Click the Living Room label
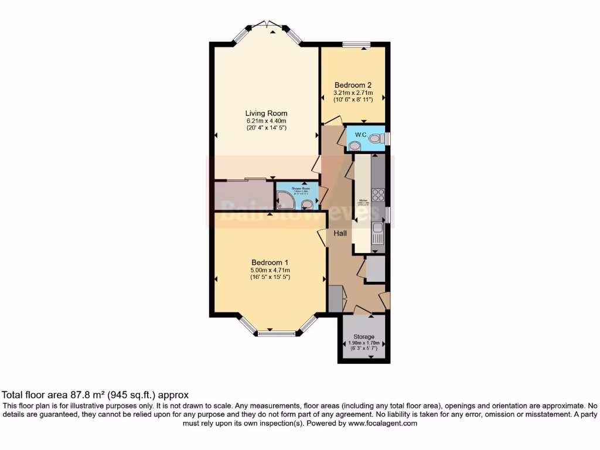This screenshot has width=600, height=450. pyautogui.click(x=266, y=113)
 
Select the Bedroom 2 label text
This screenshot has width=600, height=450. pyautogui.click(x=353, y=84)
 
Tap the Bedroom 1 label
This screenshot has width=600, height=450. pyautogui.click(x=270, y=262)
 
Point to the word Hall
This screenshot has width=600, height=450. pyautogui.click(x=340, y=233)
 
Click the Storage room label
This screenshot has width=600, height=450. pyautogui.click(x=364, y=337)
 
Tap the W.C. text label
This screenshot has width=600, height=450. pyautogui.click(x=360, y=135)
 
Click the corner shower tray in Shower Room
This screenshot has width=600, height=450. pyautogui.click(x=286, y=200)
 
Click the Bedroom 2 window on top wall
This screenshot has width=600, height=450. pyautogui.click(x=356, y=43)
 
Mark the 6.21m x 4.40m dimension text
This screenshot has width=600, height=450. pyautogui.click(x=266, y=121)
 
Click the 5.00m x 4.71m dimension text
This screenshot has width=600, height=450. pyautogui.click(x=270, y=270)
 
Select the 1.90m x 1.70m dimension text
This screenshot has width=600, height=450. pyautogui.click(x=364, y=343)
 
